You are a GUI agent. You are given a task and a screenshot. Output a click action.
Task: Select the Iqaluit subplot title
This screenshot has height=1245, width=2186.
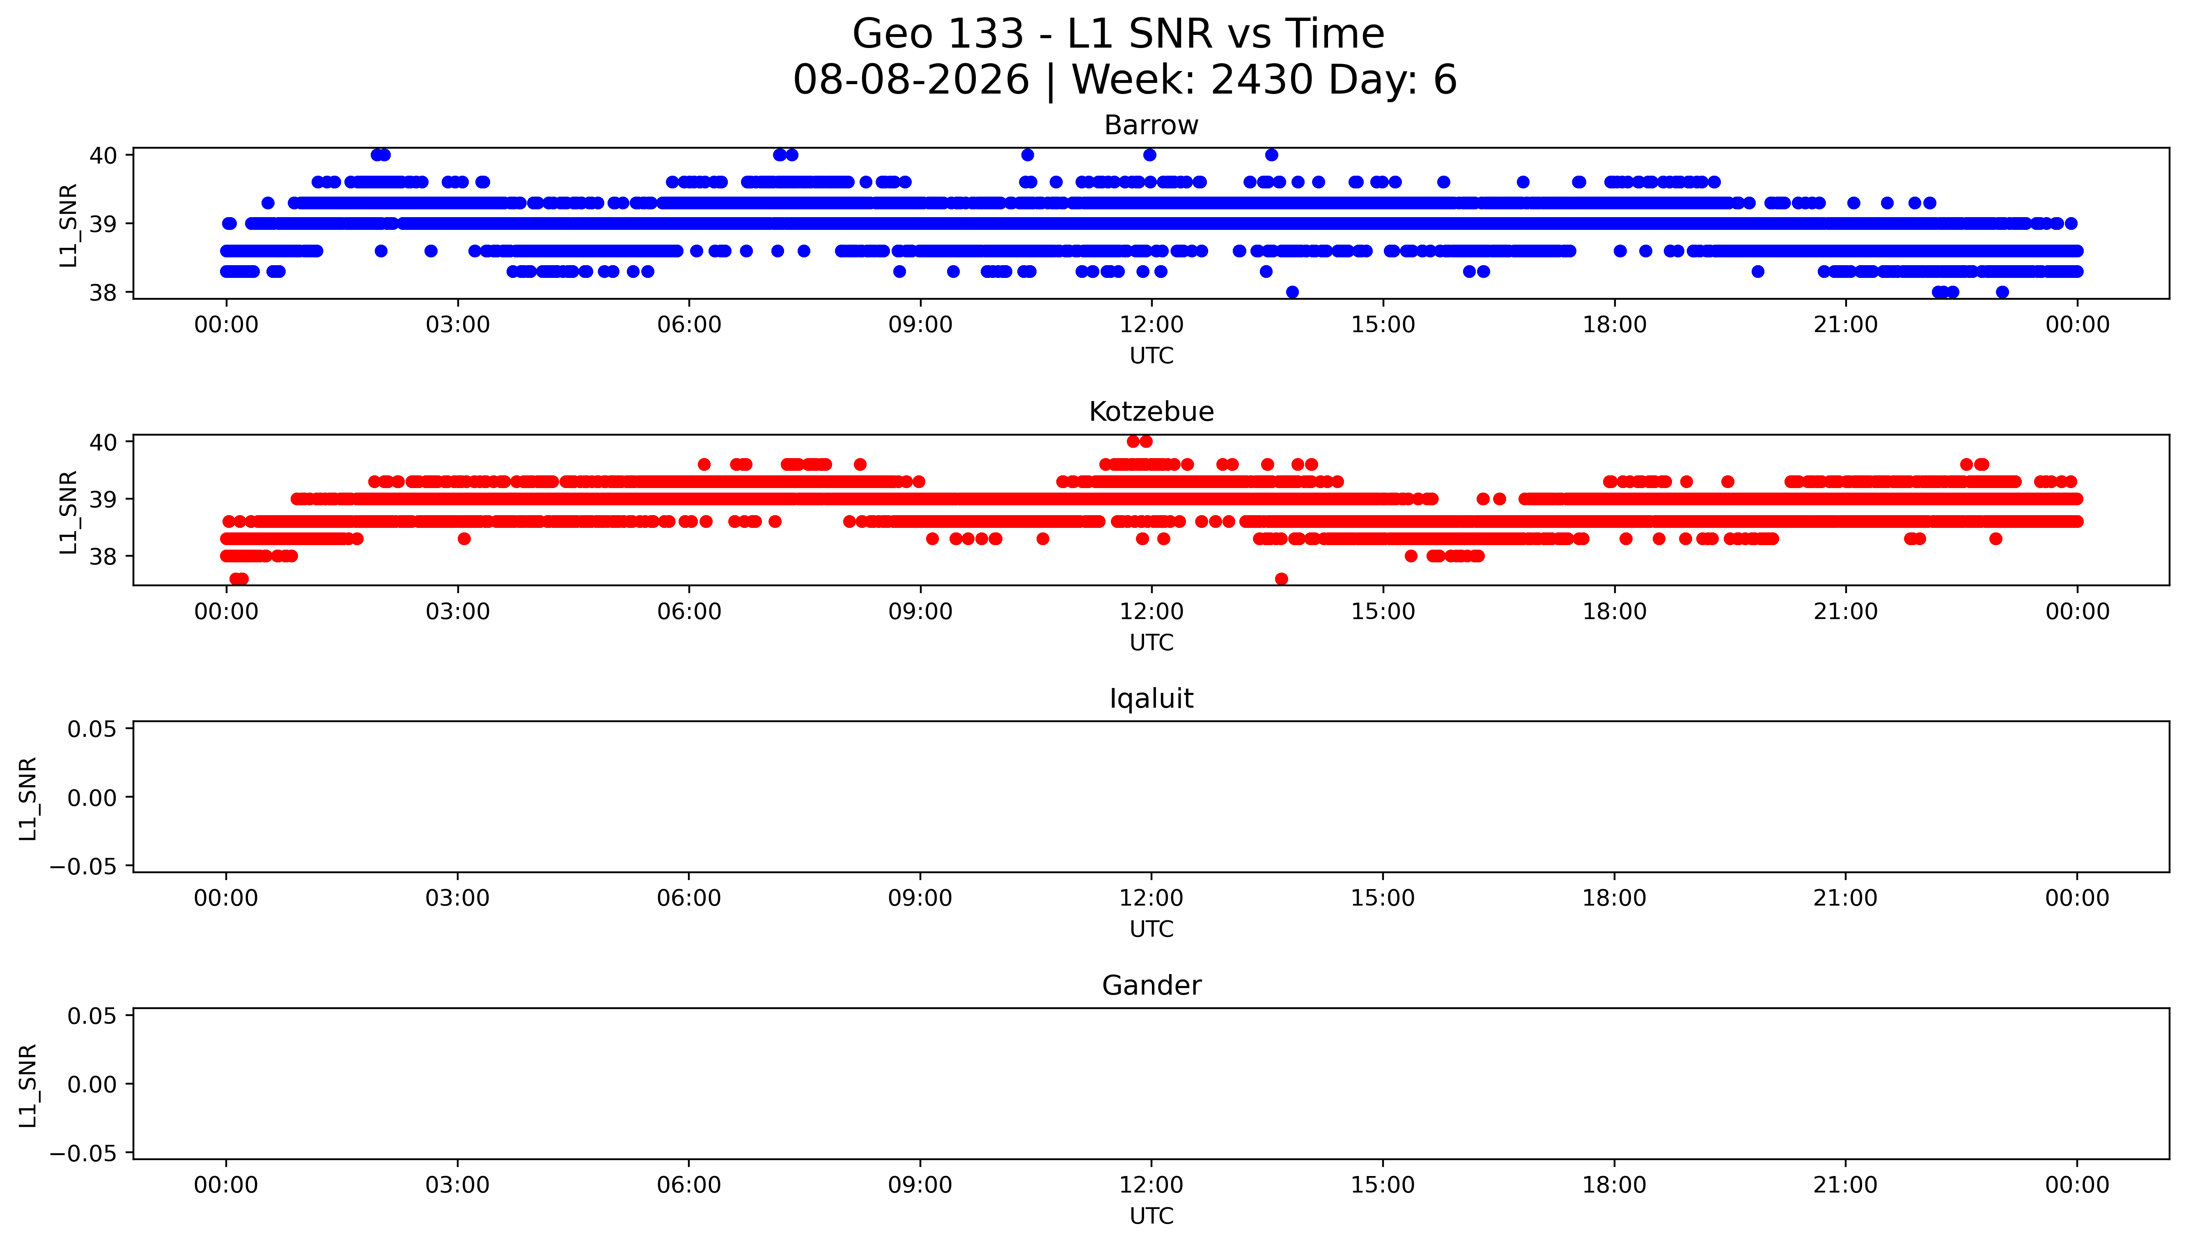click(1151, 699)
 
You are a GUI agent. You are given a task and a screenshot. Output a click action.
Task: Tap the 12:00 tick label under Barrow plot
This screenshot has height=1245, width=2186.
click(1151, 325)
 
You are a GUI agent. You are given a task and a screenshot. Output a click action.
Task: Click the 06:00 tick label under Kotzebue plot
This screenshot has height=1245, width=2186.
click(689, 611)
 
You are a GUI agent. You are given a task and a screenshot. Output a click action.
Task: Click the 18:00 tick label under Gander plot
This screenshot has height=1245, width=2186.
click(1614, 1185)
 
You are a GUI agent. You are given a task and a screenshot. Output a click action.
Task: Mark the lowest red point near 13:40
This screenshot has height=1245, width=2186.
click(1281, 579)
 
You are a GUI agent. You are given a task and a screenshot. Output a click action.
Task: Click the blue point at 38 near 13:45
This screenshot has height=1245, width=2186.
click(1292, 291)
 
